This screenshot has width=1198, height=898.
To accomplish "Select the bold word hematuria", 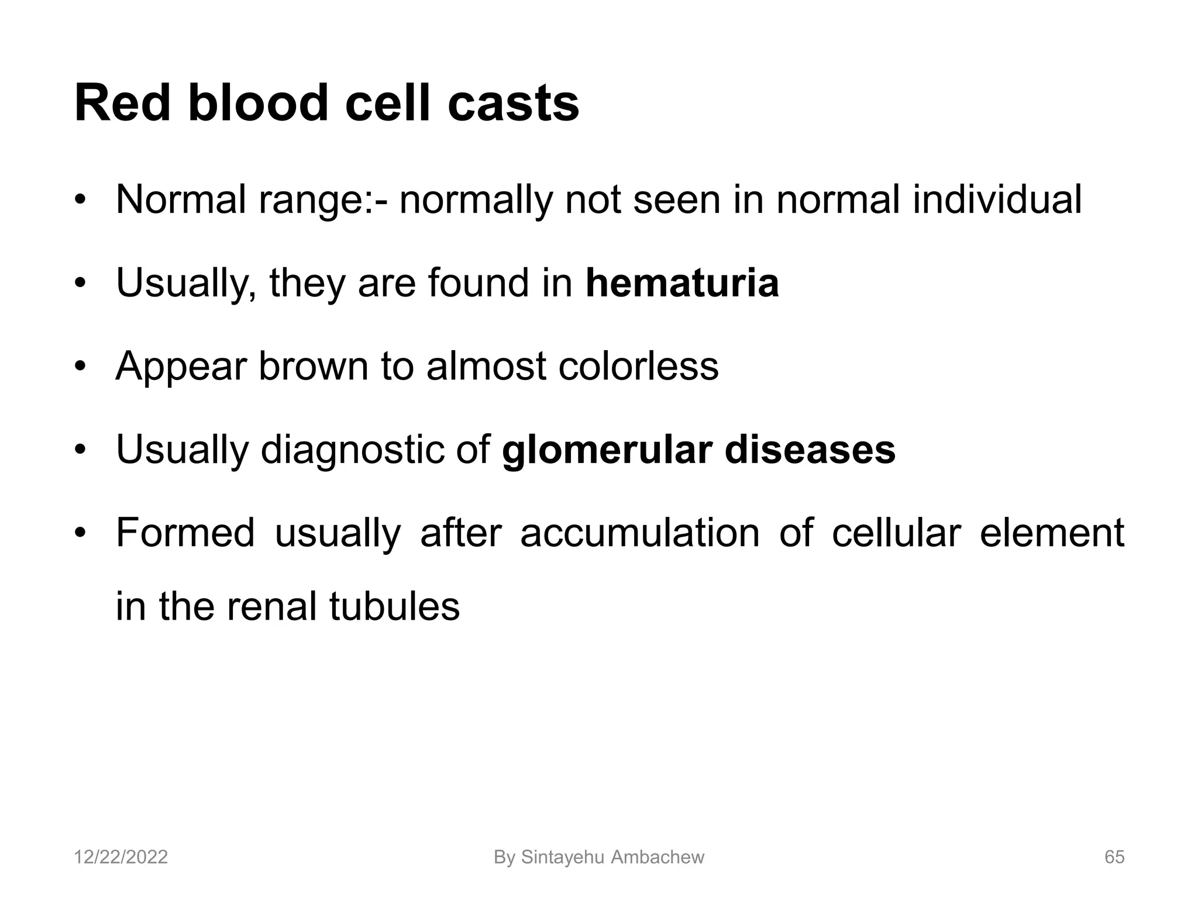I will click(x=682, y=283).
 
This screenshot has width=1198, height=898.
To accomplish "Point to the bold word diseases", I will click(x=810, y=450).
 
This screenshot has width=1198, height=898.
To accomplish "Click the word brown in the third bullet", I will click(x=313, y=367).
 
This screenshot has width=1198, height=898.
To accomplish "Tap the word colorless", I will click(x=638, y=367).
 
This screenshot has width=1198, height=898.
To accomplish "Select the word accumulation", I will click(x=639, y=533).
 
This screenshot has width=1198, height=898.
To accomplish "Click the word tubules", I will click(x=394, y=606).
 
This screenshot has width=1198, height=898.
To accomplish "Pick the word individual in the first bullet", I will click(x=997, y=200).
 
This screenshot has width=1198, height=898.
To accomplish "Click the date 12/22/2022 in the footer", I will click(x=121, y=858).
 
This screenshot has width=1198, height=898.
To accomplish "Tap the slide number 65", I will click(x=1114, y=858).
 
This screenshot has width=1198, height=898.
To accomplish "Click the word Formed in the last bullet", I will click(x=185, y=533).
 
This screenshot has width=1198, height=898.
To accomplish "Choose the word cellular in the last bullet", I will click(x=896, y=533).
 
